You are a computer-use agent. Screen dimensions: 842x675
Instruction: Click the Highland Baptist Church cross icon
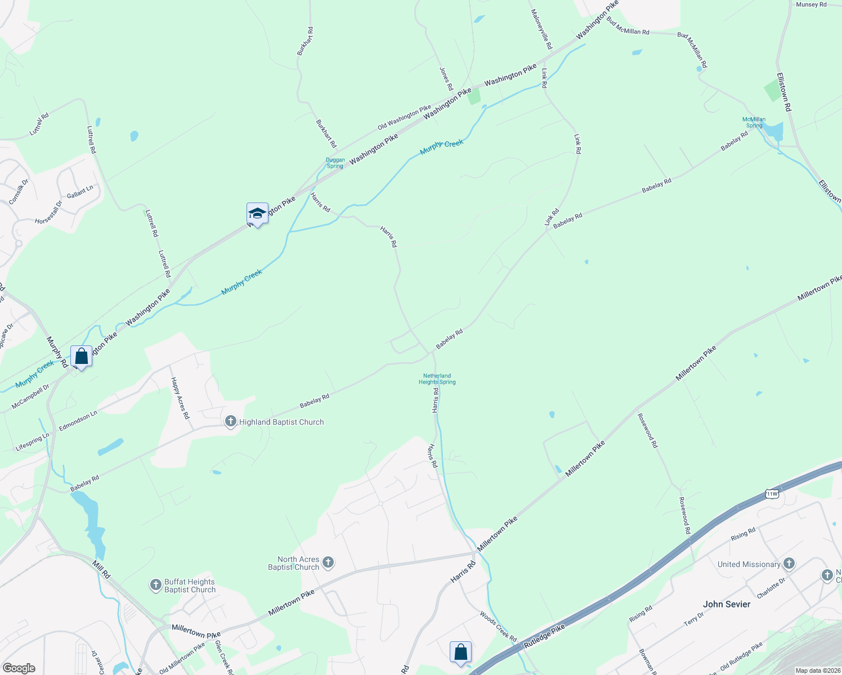point(230,421)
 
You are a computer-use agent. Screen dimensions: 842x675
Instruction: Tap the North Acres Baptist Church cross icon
point(328,562)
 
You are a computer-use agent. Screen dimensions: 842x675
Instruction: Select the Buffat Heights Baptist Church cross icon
point(156,586)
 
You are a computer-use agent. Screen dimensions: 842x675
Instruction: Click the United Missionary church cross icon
point(789,563)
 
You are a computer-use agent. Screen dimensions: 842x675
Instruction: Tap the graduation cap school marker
point(257,214)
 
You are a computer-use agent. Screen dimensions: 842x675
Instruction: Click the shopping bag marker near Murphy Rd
point(82,357)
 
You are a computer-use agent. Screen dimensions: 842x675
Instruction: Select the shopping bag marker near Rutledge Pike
point(460,652)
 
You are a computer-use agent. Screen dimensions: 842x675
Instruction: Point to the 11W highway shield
point(772,494)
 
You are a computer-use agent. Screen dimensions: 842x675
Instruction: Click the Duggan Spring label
point(335,163)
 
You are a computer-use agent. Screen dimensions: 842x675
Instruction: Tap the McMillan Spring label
point(754,122)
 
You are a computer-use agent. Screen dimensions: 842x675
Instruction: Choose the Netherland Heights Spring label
point(437,379)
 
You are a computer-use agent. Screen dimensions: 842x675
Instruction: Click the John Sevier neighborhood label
point(727,604)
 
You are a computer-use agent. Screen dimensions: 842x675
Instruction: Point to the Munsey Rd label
point(811,4)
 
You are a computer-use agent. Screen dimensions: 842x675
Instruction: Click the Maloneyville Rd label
point(541,29)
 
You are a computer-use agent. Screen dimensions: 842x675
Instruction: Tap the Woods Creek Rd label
point(498,627)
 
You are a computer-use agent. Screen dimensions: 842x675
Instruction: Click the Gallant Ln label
point(80,192)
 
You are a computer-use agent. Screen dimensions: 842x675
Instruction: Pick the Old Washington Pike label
point(404,116)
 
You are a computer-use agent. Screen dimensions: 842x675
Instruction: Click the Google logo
point(19,668)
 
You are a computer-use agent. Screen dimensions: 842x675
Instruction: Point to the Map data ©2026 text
point(818,670)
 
